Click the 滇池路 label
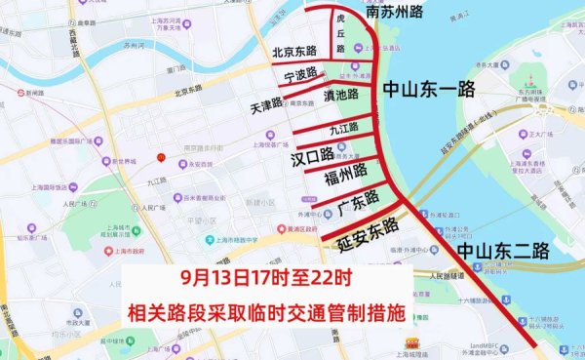tap(339, 96)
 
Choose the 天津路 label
tap(273, 102)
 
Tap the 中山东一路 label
tap(429, 90)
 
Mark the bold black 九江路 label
tap(343, 127)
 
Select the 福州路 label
tap(346, 173)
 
